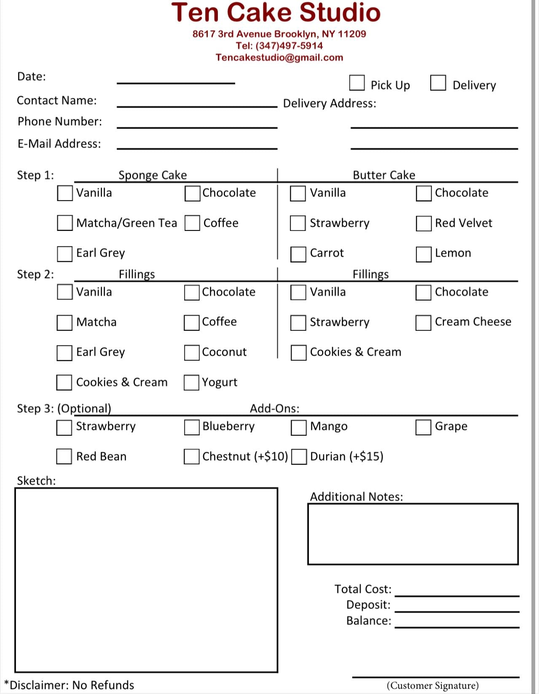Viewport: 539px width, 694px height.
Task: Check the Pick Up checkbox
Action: pyautogui.click(x=357, y=83)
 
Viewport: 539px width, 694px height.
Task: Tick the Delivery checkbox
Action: pyautogui.click(x=438, y=83)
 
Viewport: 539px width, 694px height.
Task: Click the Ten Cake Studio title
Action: pyautogui.click(x=276, y=13)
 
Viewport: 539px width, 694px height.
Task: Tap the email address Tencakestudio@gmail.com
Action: pyautogui.click(x=279, y=57)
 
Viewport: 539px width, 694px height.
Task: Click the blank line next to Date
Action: pyautogui.click(x=176, y=80)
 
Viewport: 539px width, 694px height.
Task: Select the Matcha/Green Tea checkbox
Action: pyautogui.click(x=64, y=223)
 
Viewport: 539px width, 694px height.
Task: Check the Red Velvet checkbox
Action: pyautogui.click(x=424, y=223)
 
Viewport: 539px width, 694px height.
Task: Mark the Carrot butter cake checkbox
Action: pyautogui.click(x=298, y=254)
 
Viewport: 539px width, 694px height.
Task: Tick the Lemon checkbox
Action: pyautogui.click(x=424, y=254)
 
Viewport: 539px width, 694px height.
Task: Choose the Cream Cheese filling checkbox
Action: pyautogui.click(x=423, y=323)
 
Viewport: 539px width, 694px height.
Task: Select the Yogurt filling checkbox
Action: pyautogui.click(x=191, y=383)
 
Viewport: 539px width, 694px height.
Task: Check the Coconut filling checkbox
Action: pyautogui.click(x=192, y=353)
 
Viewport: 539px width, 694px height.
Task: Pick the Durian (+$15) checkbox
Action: pyautogui.click(x=299, y=457)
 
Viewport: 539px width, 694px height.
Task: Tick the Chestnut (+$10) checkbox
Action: pyautogui.click(x=191, y=457)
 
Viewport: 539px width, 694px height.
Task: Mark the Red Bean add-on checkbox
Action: pyautogui.click(x=64, y=456)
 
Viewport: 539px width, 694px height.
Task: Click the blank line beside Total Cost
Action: pyautogui.click(x=457, y=592)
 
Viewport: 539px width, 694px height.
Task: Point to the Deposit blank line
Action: pyautogui.click(x=457, y=608)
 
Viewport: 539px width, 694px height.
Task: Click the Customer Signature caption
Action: pyautogui.click(x=433, y=686)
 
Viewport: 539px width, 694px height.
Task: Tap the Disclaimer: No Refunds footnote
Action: pyautogui.click(x=70, y=685)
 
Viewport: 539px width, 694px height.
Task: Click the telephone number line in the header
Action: pyautogui.click(x=279, y=46)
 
